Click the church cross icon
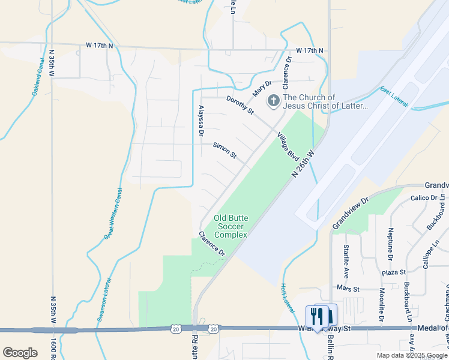[273, 101]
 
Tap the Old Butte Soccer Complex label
[231, 227]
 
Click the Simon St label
[225, 149]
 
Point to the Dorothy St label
[240, 104]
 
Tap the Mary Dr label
[262, 89]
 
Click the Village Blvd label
[289, 146]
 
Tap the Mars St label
[348, 289]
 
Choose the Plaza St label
[394, 272]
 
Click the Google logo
[20, 353]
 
